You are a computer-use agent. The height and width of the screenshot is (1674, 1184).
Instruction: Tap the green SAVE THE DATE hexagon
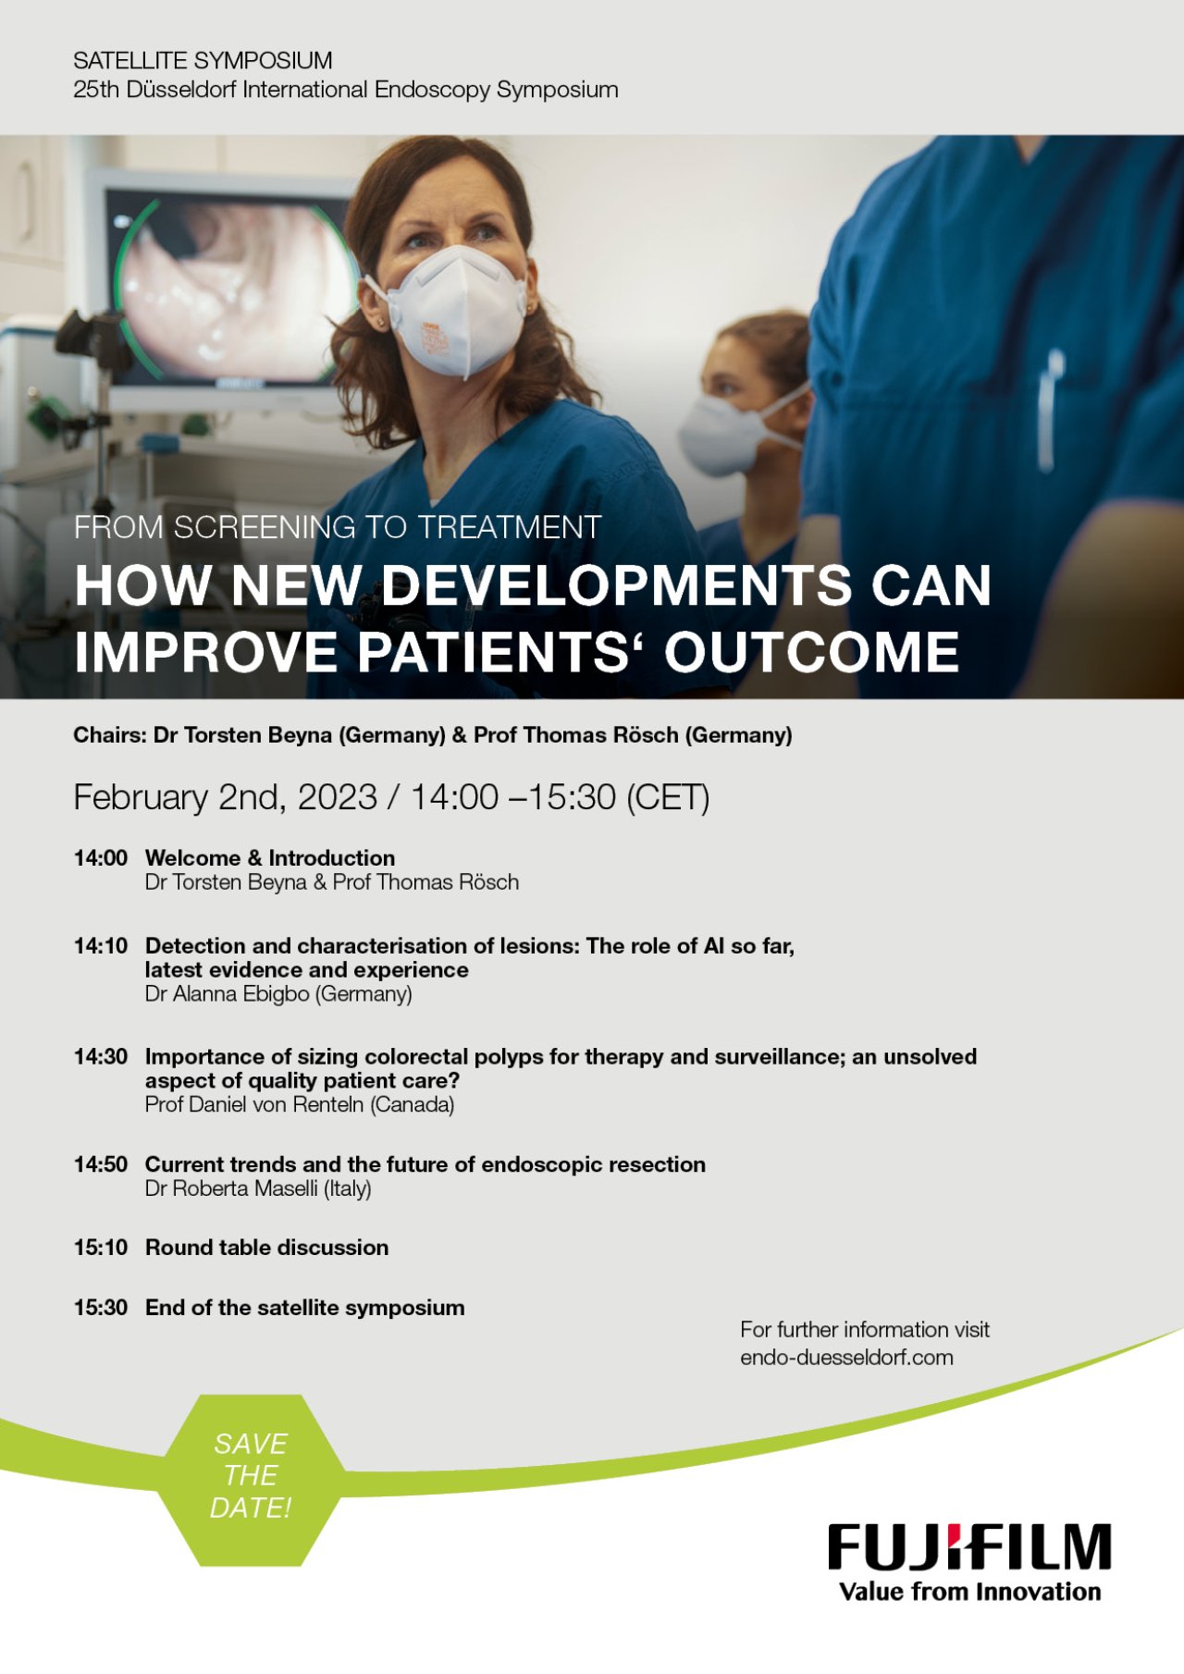[x=250, y=1479]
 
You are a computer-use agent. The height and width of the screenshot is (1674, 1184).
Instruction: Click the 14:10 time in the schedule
[x=101, y=946]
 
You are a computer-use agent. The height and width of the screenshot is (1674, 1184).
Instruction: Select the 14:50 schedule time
[x=101, y=1164]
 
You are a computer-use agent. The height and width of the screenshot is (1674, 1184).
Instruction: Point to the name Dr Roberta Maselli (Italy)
[x=258, y=1189]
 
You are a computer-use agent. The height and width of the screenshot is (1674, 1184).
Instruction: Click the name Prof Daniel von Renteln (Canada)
[x=300, y=1105]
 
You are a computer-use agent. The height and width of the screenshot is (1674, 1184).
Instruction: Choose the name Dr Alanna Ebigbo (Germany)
[x=278, y=994]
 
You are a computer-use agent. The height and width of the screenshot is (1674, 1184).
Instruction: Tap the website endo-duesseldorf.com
[x=846, y=1358]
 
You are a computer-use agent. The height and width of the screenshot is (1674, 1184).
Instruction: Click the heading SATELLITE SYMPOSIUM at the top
[x=203, y=61]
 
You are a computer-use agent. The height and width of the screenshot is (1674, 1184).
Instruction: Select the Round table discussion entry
[x=266, y=1248]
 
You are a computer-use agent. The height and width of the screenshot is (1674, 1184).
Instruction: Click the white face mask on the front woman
[x=453, y=311]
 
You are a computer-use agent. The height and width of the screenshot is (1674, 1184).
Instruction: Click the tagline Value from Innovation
[x=969, y=1592]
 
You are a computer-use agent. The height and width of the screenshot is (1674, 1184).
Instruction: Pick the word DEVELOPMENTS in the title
[x=616, y=585]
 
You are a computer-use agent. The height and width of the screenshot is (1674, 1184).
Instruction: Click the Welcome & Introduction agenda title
[x=270, y=858]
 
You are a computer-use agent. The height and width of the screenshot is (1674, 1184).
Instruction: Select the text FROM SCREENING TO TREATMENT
[x=338, y=527]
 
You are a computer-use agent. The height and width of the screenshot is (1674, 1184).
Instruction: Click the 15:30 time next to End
[x=101, y=1308]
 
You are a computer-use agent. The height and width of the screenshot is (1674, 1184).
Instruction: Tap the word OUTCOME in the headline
[x=811, y=652]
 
